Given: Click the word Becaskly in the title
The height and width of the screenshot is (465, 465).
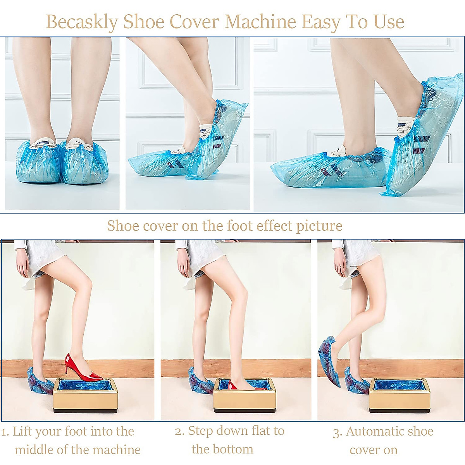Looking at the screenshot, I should (x=82, y=22).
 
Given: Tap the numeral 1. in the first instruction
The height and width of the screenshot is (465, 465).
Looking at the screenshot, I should (x=5, y=432).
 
